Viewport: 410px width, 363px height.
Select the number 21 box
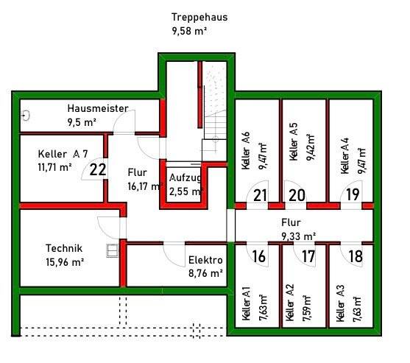pos(260,195)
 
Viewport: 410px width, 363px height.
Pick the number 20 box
pos(297,195)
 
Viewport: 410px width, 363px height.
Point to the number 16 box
pos(258,256)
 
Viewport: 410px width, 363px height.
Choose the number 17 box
pos(308,256)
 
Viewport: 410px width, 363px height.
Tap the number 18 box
pos(356,256)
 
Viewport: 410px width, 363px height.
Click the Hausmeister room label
pos(97,108)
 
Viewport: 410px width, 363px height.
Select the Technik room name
pos(63,248)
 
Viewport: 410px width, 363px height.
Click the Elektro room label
pos(205,260)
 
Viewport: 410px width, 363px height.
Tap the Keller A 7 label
pos(63,154)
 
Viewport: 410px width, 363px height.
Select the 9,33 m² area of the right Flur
pos(298,236)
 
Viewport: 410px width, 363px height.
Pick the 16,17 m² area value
pos(144,187)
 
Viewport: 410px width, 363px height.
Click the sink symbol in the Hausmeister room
pos(26,116)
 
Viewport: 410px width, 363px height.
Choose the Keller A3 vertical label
pos(340,306)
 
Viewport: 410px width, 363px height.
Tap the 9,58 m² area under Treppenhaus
pos(188,31)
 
